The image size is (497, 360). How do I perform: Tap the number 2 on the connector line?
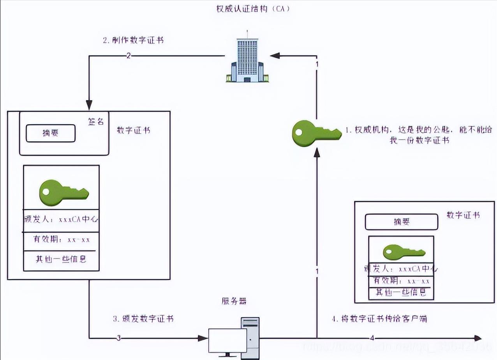(x=129, y=56)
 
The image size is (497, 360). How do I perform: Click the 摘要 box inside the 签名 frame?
(x=50, y=133)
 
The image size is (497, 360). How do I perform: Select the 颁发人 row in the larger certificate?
(x=61, y=219)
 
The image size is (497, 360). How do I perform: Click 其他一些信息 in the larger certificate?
(x=61, y=259)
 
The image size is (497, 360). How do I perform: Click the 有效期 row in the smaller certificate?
(x=401, y=280)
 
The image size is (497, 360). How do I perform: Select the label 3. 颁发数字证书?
(x=143, y=319)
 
